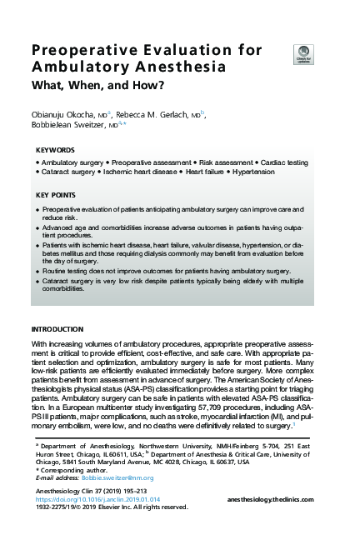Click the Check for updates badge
click(302, 52)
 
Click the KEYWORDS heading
click(56, 150)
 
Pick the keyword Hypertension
click(253, 171)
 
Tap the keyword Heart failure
click(201, 171)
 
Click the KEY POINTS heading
click(57, 195)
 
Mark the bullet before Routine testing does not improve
click(38, 272)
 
